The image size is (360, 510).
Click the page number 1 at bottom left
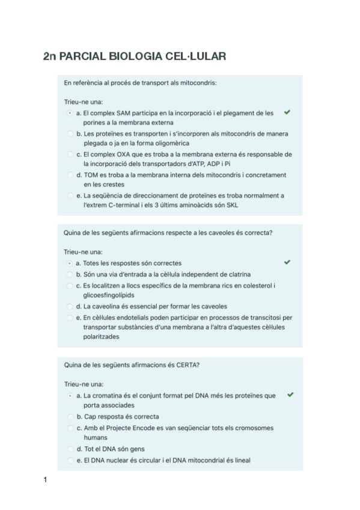point(45,479)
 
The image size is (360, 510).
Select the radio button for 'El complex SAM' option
point(70,112)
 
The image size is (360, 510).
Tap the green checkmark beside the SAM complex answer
point(287,112)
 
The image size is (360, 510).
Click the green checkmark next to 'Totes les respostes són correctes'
point(287,262)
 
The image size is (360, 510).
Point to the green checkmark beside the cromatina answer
point(290,395)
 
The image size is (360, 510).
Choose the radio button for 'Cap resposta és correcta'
point(70,416)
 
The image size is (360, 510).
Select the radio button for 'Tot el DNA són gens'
point(70,449)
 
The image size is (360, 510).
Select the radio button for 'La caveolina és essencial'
point(70,306)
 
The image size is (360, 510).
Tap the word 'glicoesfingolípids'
point(108,295)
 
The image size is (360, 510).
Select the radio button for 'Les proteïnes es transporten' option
point(70,134)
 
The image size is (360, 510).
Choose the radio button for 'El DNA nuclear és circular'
point(70,460)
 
